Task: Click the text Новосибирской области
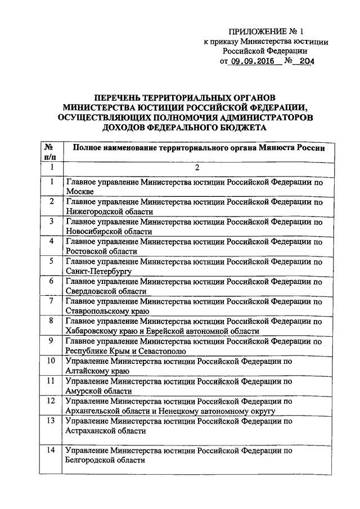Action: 109,231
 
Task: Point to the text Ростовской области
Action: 101,251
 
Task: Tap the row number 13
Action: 51,421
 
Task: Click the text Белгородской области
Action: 106,460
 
